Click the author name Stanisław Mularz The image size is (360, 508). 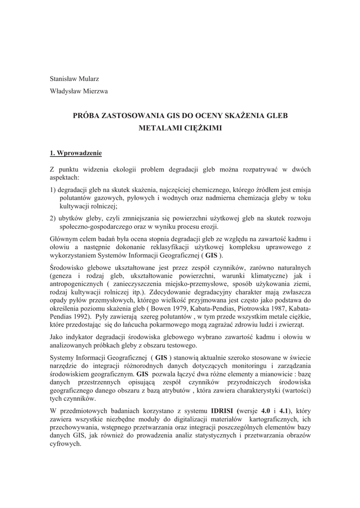click(x=73, y=79)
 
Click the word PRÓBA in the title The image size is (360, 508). click(x=87, y=116)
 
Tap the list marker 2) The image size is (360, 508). click(x=53, y=219)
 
